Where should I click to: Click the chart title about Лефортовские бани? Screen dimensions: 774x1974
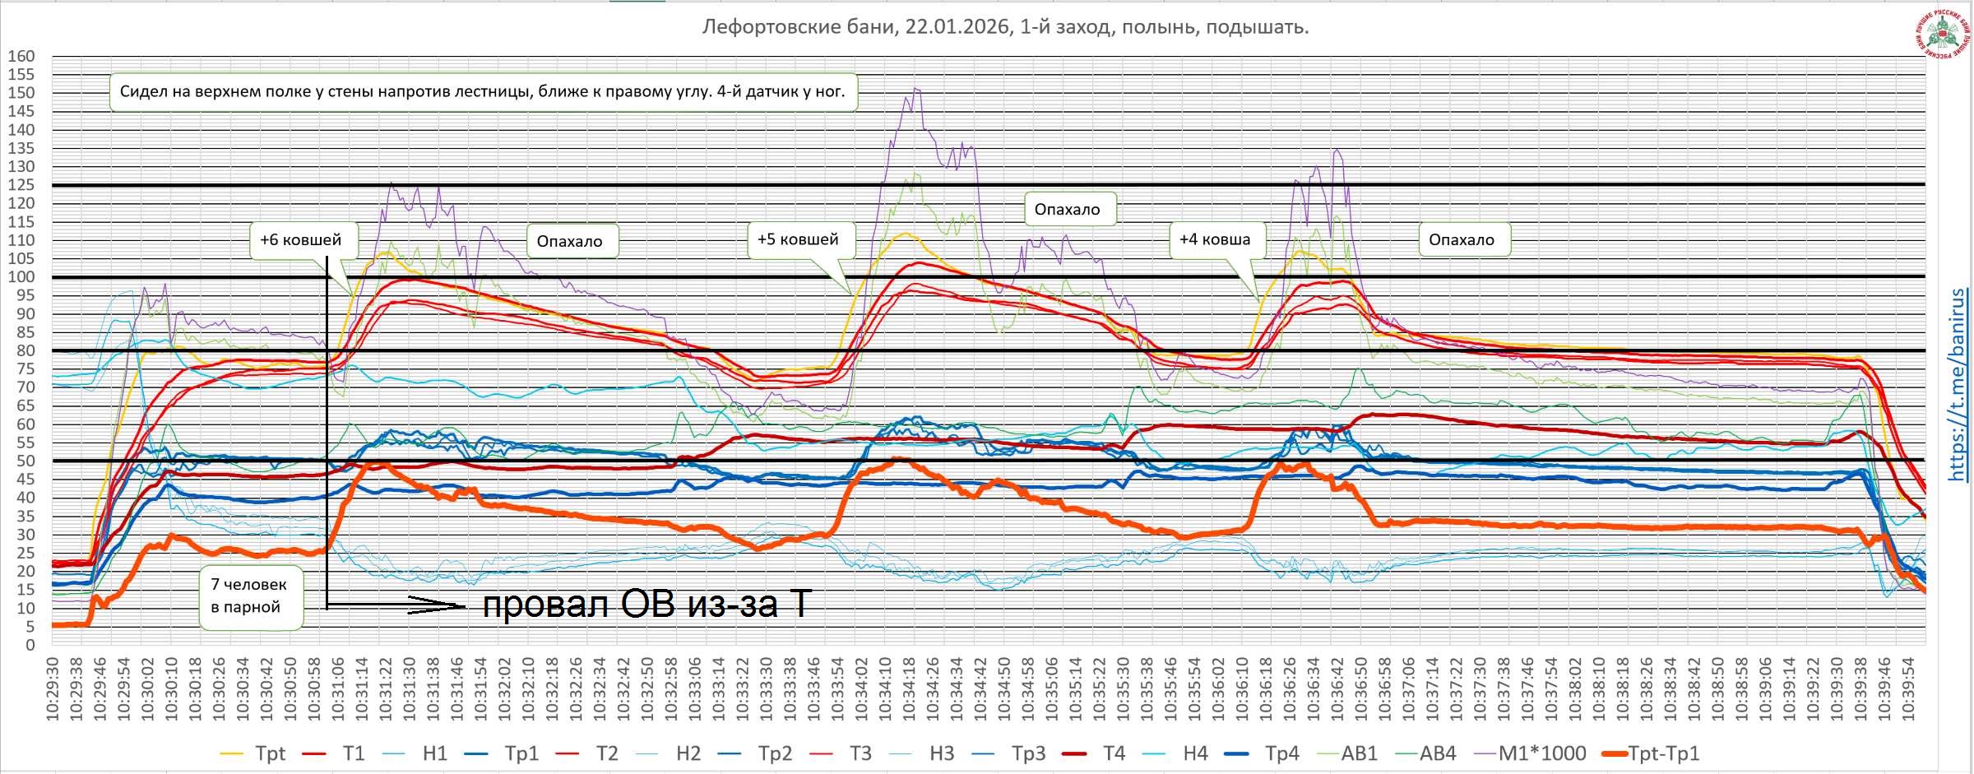coord(1005,27)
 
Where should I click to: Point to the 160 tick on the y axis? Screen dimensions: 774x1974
coord(22,57)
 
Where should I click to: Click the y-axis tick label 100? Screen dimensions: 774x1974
coord(22,277)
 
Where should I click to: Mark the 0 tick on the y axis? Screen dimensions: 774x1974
coord(30,645)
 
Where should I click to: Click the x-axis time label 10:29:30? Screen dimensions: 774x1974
coord(53,689)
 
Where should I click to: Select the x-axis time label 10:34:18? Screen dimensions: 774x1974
coord(910,689)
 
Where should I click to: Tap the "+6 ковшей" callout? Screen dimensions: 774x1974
coord(301,240)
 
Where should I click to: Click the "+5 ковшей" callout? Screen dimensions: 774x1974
coord(798,239)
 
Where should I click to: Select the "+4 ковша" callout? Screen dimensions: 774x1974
coord(1215,239)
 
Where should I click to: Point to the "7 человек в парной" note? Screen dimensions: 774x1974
coord(249,596)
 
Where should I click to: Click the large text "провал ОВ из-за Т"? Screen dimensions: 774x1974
coord(646,605)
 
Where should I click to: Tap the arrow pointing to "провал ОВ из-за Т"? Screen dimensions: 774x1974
coord(436,605)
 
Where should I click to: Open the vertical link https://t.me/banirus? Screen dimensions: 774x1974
coord(1958,385)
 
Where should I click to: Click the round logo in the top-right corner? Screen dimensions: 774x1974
coord(1942,35)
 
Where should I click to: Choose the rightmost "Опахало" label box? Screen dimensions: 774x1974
coord(1462,240)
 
